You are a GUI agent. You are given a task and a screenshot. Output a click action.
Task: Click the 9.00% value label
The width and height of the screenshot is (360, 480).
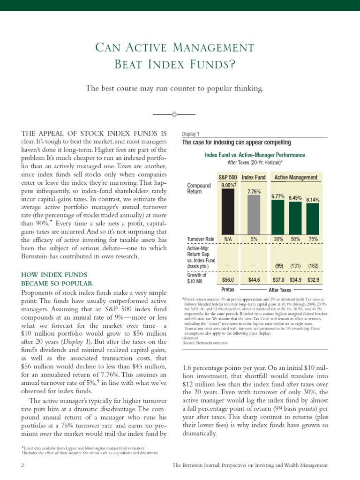tap(228, 186)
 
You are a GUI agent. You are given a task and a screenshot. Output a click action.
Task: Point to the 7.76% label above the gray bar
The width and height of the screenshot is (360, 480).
tap(254, 192)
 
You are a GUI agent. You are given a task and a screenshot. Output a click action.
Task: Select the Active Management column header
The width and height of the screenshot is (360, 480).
tap(295, 178)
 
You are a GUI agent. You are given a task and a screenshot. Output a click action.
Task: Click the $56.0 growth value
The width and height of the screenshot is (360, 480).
tap(228, 280)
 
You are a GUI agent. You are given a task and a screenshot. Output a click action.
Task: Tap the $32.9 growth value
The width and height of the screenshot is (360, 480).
tap(313, 280)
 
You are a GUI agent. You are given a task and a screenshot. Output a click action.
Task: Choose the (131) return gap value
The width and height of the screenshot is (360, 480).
tap(295, 266)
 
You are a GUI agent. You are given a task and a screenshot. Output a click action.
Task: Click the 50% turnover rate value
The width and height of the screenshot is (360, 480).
tap(295, 239)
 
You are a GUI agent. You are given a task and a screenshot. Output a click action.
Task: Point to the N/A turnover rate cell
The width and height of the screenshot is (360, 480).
tap(228, 239)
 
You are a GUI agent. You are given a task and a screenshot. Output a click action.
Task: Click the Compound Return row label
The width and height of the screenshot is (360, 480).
tap(199, 189)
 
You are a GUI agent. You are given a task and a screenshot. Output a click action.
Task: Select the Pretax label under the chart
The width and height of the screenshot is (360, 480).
tap(227, 290)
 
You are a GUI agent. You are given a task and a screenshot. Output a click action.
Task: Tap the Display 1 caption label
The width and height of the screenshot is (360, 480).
tap(190, 134)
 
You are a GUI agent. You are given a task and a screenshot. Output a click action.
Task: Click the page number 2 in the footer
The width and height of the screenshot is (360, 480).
tap(22, 465)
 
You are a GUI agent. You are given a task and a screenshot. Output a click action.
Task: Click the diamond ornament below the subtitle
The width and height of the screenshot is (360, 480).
tap(174, 114)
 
